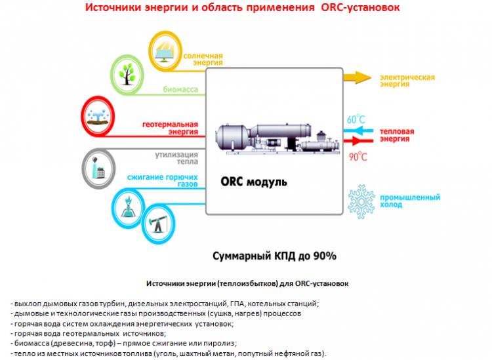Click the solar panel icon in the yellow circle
point(165,51)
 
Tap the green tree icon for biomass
point(127,74)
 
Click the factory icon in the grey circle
point(98,169)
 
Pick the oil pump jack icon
point(159,223)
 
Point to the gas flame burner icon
point(129,207)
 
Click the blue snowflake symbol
point(361,201)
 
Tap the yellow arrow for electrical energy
point(357,77)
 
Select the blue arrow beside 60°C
point(358,130)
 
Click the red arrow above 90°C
point(358,141)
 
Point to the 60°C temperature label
point(356,119)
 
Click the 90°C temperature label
point(358,156)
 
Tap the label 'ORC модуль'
point(253,182)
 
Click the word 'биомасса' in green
point(180,89)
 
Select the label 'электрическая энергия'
point(407,81)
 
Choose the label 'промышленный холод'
point(410,201)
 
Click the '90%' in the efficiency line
point(325,256)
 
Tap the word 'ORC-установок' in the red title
point(360,7)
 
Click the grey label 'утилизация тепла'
point(176,158)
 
